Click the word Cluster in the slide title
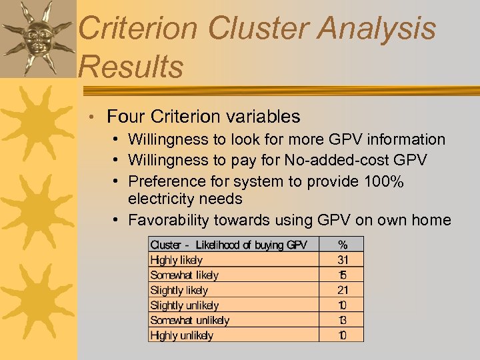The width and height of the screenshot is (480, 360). (x=257, y=29)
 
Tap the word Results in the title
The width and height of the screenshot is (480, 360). (x=131, y=67)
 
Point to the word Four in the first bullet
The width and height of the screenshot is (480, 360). (x=126, y=117)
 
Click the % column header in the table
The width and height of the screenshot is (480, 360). (x=343, y=245)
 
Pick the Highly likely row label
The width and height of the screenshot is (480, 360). (x=177, y=260)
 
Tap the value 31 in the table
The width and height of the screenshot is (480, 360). (x=343, y=260)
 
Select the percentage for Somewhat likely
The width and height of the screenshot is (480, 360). (x=343, y=275)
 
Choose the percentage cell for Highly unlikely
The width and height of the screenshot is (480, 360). (x=343, y=335)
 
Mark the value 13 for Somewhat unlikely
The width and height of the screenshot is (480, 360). (x=343, y=320)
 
